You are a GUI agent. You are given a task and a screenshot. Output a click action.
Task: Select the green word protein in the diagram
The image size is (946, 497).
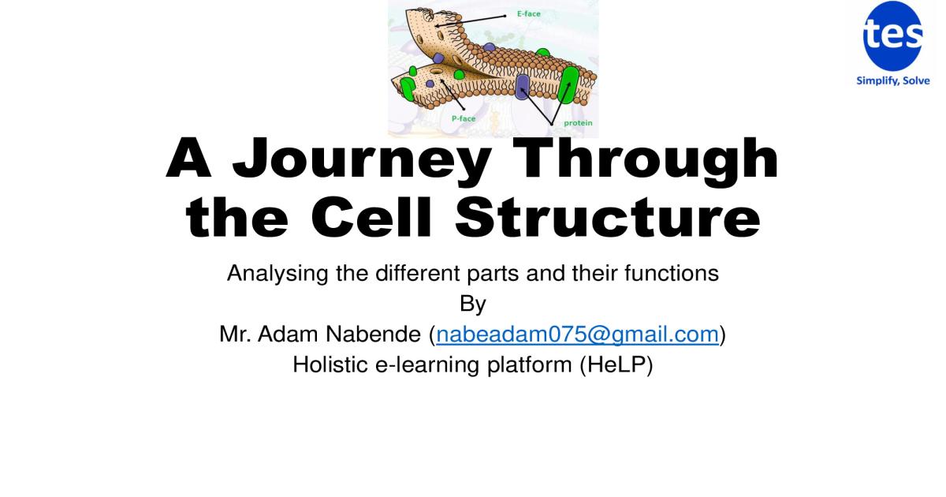(578, 123)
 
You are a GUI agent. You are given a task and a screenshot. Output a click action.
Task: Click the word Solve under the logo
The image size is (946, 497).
(916, 80)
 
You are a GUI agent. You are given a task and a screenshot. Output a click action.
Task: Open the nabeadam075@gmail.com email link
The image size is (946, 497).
(576, 334)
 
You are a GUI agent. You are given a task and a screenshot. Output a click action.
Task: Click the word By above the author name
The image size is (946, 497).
(472, 304)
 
